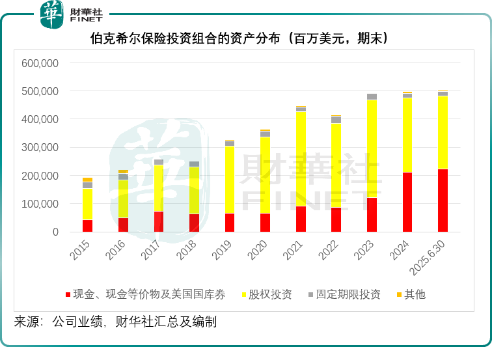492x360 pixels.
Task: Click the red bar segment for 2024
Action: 407,202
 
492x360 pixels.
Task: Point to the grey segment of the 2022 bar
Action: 336,120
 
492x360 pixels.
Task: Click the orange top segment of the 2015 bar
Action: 87,180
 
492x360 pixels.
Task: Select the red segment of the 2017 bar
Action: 159,221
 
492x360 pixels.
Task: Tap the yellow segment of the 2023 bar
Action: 372,149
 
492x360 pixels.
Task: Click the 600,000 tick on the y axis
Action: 40,64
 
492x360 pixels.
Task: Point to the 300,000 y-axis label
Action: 40,148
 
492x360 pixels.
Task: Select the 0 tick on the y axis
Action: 55,232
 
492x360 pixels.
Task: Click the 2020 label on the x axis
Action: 258,251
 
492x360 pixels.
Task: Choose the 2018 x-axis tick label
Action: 186,251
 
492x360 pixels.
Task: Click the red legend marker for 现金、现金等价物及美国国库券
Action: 68,295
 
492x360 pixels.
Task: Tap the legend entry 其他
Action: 415,295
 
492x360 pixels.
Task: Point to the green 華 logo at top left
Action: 51,15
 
